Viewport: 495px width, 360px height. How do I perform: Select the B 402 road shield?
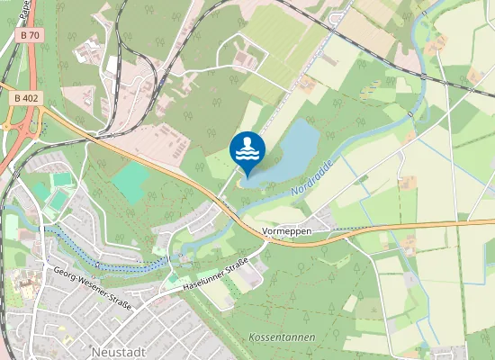[27, 96]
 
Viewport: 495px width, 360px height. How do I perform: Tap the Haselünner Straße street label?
[215, 273]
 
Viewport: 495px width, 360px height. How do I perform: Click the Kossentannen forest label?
[276, 334]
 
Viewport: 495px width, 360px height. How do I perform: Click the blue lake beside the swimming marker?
[288, 153]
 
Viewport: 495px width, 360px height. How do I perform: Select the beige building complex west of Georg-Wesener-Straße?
[23, 287]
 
